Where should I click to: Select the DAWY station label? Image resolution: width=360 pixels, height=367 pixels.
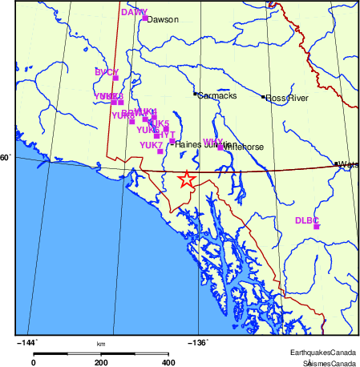click(134, 12)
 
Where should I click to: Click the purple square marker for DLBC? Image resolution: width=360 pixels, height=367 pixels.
click(317, 227)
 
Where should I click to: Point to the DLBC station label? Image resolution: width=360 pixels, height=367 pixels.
click(307, 220)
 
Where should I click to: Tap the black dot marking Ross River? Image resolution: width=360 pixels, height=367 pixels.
click(264, 97)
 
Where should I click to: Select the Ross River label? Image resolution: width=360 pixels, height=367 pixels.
click(288, 98)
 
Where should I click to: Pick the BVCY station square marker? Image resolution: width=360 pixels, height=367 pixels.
click(115, 78)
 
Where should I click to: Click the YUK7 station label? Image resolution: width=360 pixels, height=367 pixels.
click(151, 145)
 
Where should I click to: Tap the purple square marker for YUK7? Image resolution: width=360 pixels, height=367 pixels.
click(160, 151)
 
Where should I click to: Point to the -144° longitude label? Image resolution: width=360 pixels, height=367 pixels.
click(27, 342)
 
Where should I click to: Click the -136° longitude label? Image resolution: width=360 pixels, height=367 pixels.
click(198, 342)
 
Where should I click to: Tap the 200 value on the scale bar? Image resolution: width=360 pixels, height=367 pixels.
click(101, 362)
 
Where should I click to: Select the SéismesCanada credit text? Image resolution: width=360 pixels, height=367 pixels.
click(324, 362)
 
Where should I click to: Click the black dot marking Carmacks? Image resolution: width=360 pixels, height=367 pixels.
click(195, 95)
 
